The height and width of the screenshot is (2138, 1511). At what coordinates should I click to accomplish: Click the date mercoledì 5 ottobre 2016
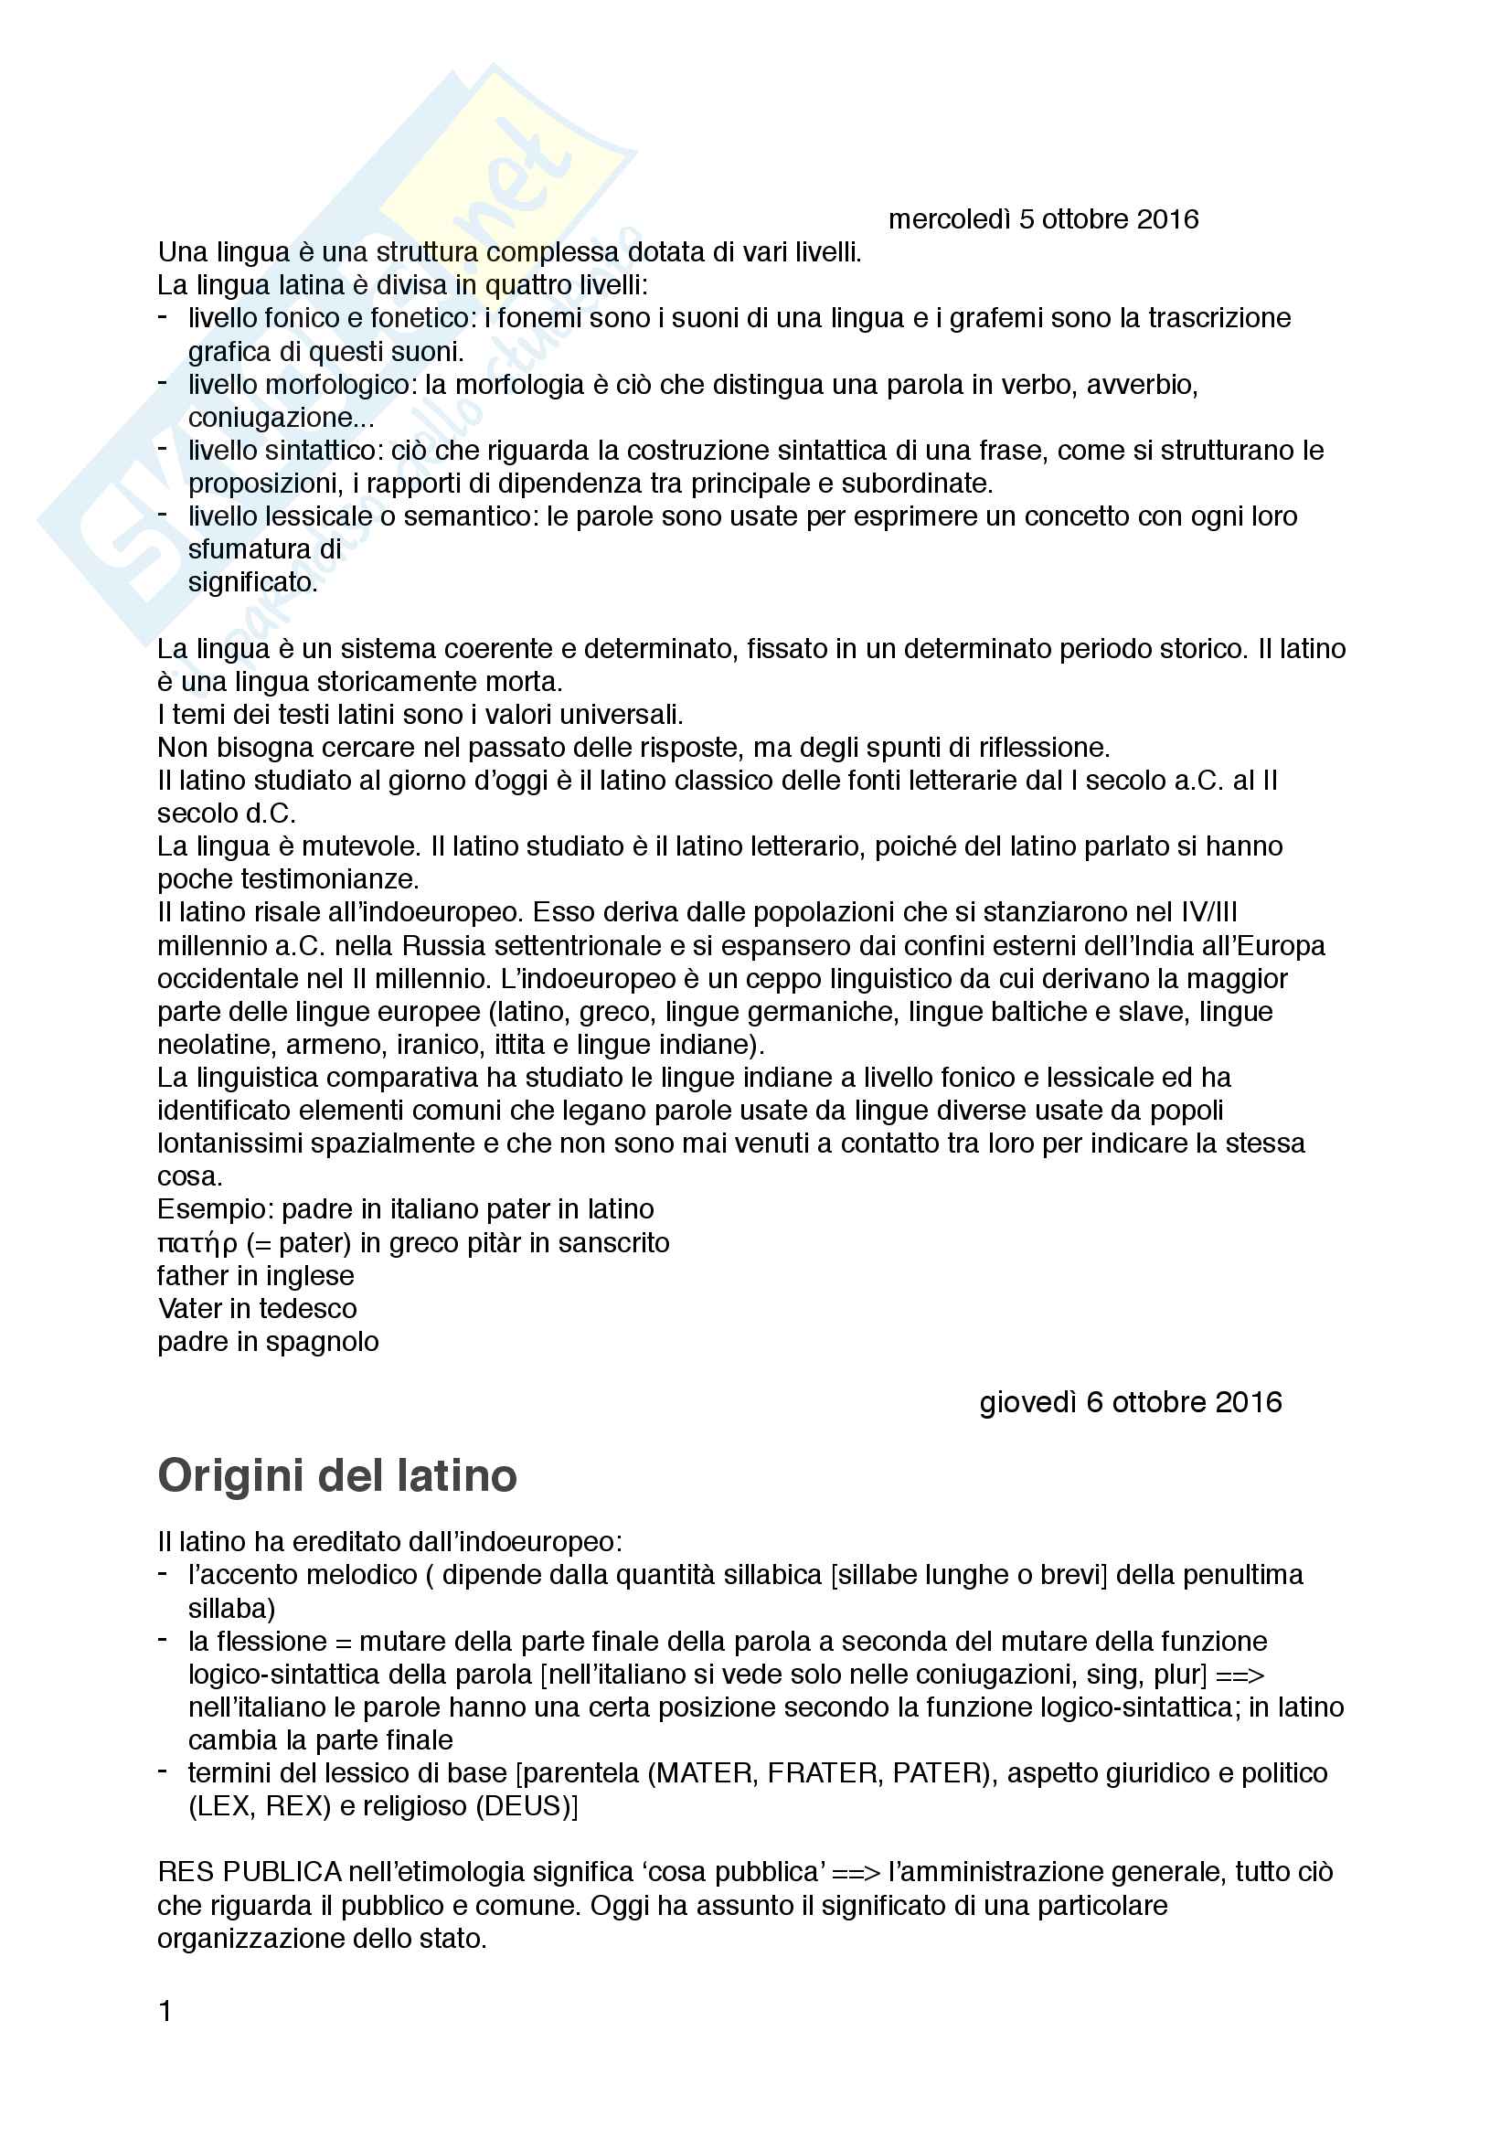(x=1043, y=219)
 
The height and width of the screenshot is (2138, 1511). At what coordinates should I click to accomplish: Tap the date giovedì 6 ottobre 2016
(x=1130, y=1402)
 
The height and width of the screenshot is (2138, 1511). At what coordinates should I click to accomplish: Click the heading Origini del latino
(x=337, y=1477)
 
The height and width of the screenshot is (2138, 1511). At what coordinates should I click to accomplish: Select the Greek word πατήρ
(x=197, y=1244)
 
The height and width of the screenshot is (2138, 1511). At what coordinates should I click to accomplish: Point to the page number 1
(x=165, y=2012)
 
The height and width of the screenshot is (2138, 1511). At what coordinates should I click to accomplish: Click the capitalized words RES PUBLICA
(x=250, y=1872)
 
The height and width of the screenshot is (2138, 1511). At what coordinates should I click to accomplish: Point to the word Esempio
(x=215, y=1209)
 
